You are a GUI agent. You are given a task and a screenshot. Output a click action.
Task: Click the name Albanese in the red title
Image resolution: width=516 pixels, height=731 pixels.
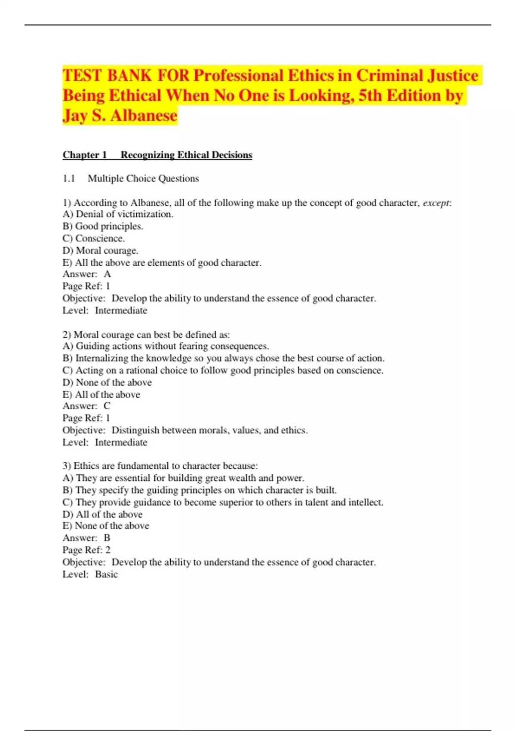click(x=144, y=115)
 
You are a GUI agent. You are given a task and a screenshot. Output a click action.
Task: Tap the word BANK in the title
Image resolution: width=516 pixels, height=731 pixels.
click(x=129, y=76)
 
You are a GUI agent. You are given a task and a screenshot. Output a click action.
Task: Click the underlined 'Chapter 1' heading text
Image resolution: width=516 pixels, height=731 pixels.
click(x=85, y=155)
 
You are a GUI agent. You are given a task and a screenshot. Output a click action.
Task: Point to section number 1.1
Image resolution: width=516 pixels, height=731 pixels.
click(x=69, y=178)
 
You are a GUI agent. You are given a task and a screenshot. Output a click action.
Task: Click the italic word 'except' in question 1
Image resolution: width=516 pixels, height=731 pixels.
click(x=436, y=203)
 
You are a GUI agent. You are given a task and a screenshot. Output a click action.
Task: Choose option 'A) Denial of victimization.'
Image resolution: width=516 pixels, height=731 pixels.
click(x=118, y=214)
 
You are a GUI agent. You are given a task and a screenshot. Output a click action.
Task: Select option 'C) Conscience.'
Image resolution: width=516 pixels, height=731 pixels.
click(x=94, y=238)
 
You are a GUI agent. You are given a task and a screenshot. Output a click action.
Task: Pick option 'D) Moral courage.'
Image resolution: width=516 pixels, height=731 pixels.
click(x=101, y=250)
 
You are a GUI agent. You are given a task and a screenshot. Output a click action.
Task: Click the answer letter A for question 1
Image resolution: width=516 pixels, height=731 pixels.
click(x=107, y=274)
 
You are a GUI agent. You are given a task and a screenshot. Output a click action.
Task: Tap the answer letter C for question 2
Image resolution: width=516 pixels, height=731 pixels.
click(x=107, y=406)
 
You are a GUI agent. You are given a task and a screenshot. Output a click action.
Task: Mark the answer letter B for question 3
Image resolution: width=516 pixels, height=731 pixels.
click(x=107, y=538)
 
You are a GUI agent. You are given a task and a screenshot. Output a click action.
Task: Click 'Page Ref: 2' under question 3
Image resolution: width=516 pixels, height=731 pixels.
click(x=86, y=550)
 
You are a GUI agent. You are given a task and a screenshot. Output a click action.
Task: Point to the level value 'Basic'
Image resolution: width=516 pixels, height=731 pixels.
click(x=106, y=574)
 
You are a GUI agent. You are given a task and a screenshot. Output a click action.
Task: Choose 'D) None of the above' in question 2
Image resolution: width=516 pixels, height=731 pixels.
click(x=107, y=382)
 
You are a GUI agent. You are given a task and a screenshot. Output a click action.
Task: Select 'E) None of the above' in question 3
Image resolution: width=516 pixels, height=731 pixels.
click(x=106, y=526)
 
